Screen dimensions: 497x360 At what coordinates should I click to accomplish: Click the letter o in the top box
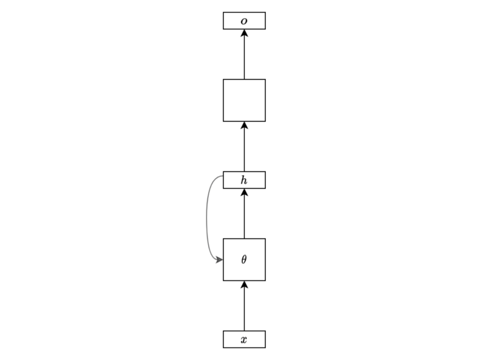[244, 21]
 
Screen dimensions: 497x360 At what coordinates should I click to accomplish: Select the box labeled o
[244, 20]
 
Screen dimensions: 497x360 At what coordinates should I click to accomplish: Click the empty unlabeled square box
[244, 100]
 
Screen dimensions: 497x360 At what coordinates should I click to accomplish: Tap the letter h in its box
[244, 180]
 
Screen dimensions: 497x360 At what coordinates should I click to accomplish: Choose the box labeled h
[244, 180]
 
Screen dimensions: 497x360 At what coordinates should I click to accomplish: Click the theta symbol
[244, 259]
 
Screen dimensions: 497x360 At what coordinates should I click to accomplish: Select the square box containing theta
[244, 259]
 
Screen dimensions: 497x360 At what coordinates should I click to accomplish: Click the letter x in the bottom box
[244, 340]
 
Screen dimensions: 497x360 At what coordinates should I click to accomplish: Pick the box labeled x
[244, 339]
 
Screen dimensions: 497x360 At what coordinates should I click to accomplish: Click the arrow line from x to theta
[244, 306]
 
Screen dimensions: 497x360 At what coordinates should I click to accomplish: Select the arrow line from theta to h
[244, 214]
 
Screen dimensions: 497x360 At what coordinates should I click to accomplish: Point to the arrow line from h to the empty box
[244, 146]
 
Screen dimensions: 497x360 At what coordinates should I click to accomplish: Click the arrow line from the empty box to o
[244, 54]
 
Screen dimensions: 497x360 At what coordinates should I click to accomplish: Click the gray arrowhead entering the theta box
[219, 260]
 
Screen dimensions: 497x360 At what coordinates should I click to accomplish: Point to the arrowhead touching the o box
[244, 33]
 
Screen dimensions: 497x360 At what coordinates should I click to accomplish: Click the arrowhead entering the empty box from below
[244, 125]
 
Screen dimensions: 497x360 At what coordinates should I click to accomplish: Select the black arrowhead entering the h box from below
[244, 192]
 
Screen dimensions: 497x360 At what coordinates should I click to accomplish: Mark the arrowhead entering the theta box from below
[244, 284]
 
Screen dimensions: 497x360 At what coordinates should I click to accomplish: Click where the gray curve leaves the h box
[223, 176]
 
